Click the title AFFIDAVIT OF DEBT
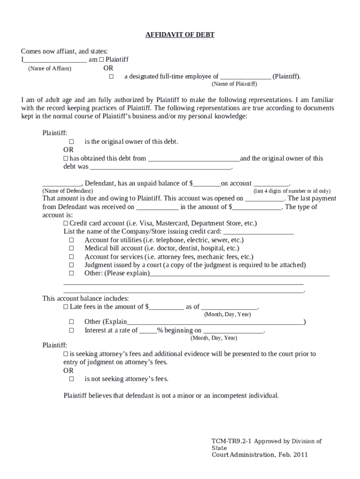180,35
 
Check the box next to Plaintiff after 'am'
101,60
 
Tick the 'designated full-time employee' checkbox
111,76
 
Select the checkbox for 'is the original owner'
72,141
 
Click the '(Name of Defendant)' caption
67,191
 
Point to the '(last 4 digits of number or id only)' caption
292,191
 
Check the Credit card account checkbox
66,224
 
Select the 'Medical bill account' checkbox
72,248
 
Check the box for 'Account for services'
72,257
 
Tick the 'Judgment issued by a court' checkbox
72,265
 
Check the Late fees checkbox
66,307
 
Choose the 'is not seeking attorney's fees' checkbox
72,379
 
